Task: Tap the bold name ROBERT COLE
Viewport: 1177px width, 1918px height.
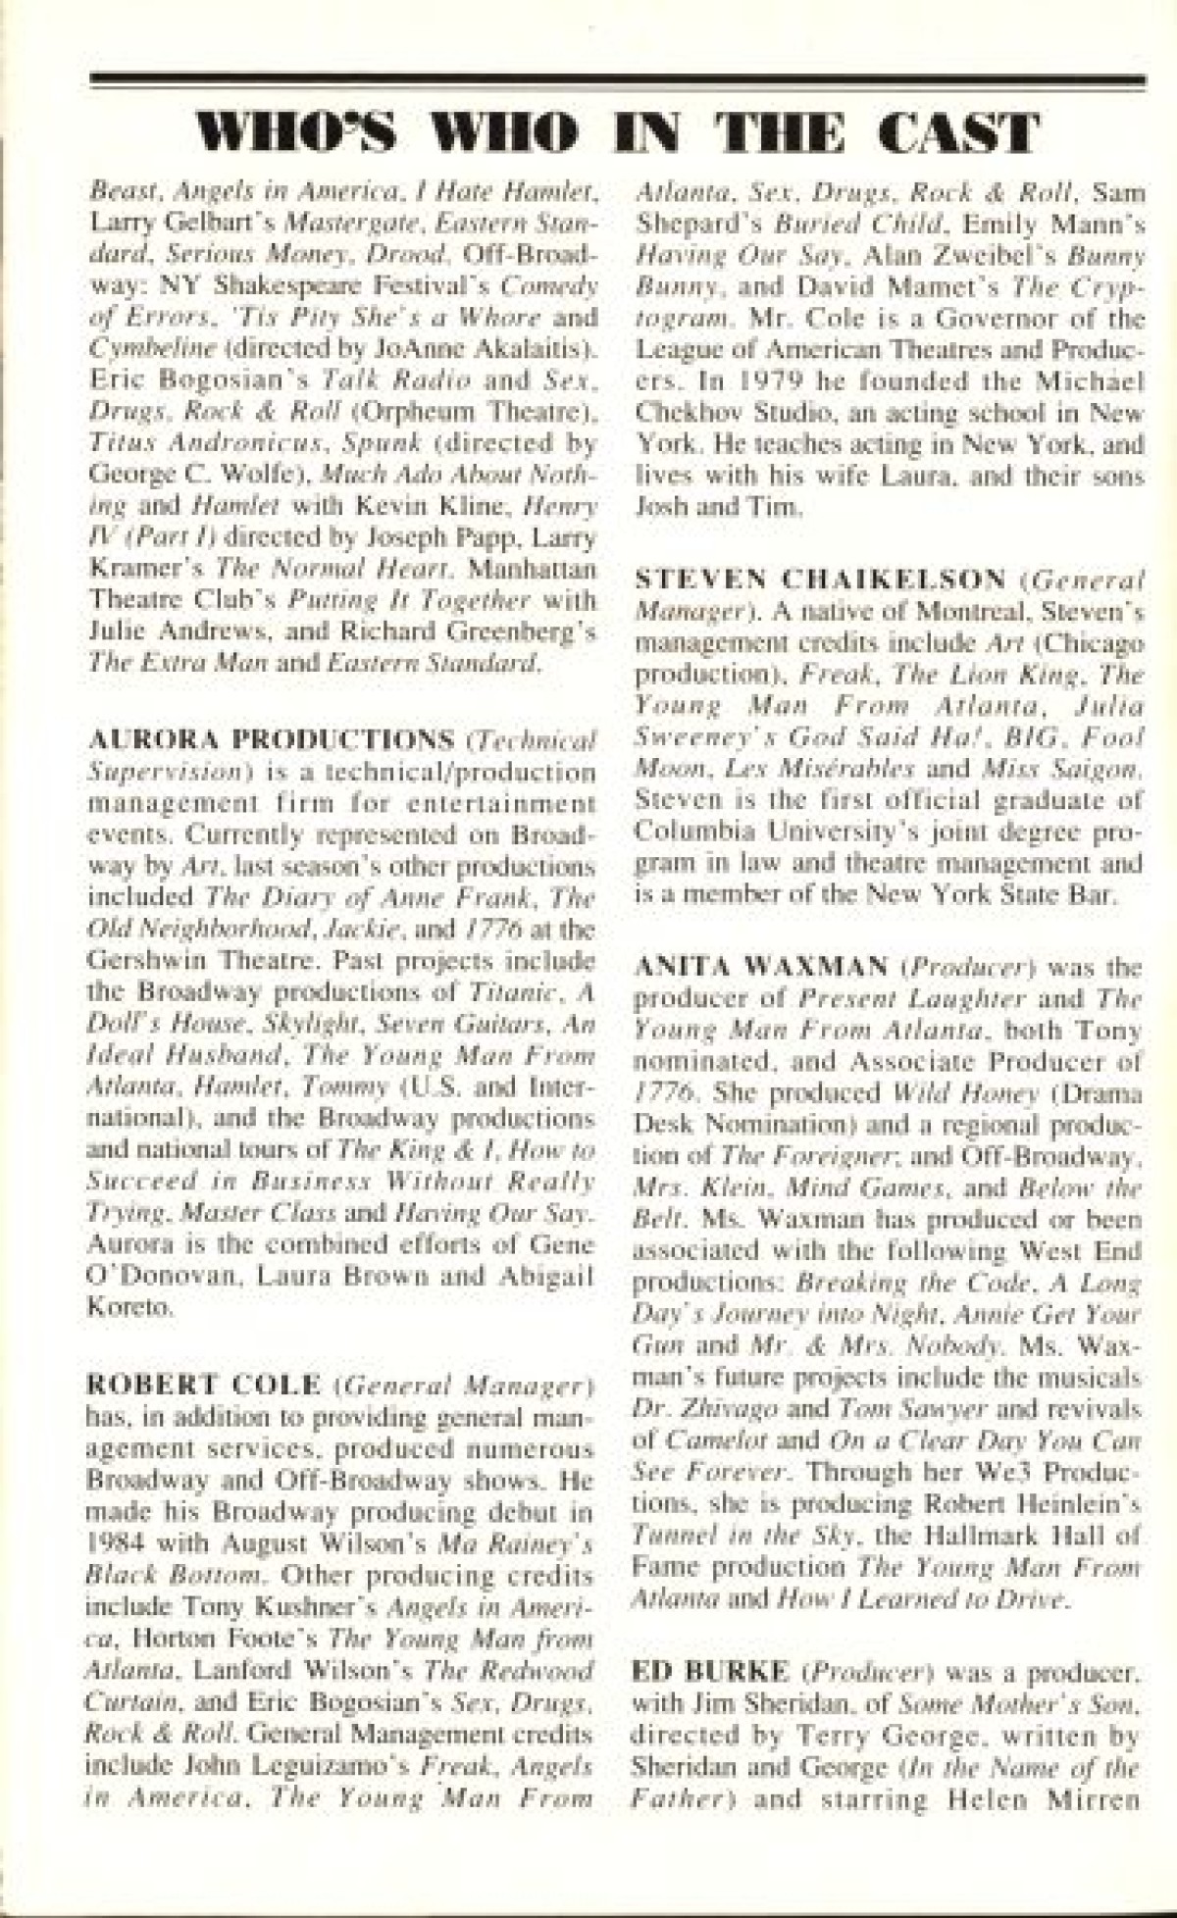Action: click(204, 1385)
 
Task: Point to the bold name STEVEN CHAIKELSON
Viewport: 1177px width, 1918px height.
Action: click(820, 580)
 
